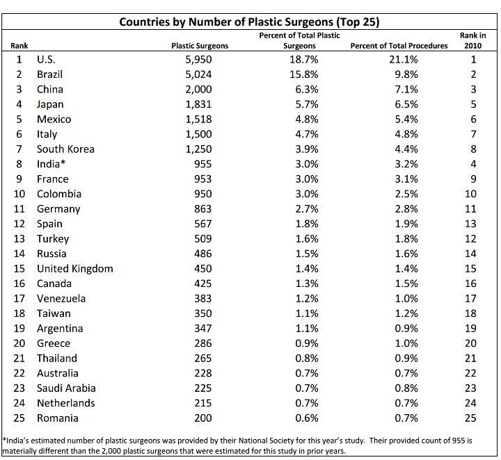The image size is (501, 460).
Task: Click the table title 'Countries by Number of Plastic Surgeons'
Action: [x=226, y=22]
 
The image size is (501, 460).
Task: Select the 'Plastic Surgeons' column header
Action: [x=200, y=46]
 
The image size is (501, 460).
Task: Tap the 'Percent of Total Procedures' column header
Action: [x=399, y=46]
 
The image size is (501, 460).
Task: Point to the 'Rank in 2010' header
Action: [x=473, y=40]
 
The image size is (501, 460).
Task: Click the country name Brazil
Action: [x=49, y=74]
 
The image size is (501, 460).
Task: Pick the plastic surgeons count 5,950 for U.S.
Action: [x=198, y=60]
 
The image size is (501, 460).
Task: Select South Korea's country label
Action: [x=65, y=149]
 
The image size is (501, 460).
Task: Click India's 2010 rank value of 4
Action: [x=473, y=164]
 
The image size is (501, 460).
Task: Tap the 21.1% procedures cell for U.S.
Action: [x=403, y=60]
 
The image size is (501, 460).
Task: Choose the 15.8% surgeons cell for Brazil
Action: [x=304, y=74]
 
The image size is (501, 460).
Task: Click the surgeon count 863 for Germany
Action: [x=203, y=209]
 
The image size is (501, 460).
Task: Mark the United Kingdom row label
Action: [x=74, y=269]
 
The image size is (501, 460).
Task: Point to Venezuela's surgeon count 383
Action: [x=203, y=299]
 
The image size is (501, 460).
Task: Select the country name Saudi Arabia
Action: [x=66, y=388]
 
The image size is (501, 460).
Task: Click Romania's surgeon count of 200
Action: [x=203, y=418]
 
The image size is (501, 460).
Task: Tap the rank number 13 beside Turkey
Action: [x=19, y=238]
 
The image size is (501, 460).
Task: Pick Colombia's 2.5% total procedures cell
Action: [x=406, y=194]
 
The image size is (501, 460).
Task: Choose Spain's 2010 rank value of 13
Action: [x=470, y=224]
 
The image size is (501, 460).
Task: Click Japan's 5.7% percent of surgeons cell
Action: [x=307, y=104]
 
